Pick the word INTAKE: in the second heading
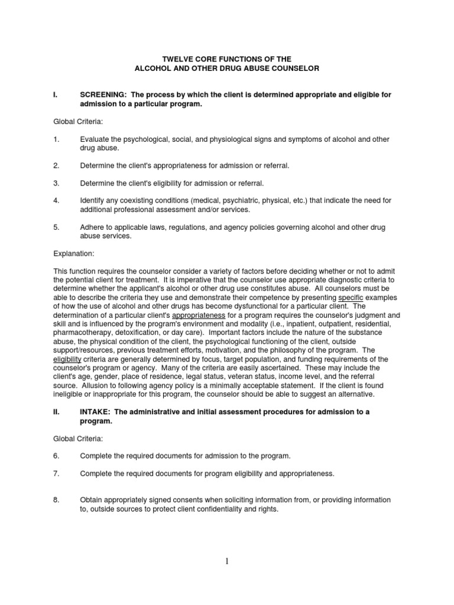[96, 411]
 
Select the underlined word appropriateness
[199, 315]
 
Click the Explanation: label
[73, 253]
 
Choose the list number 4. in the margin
[56, 201]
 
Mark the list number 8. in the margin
[56, 500]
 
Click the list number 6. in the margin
[56, 456]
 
